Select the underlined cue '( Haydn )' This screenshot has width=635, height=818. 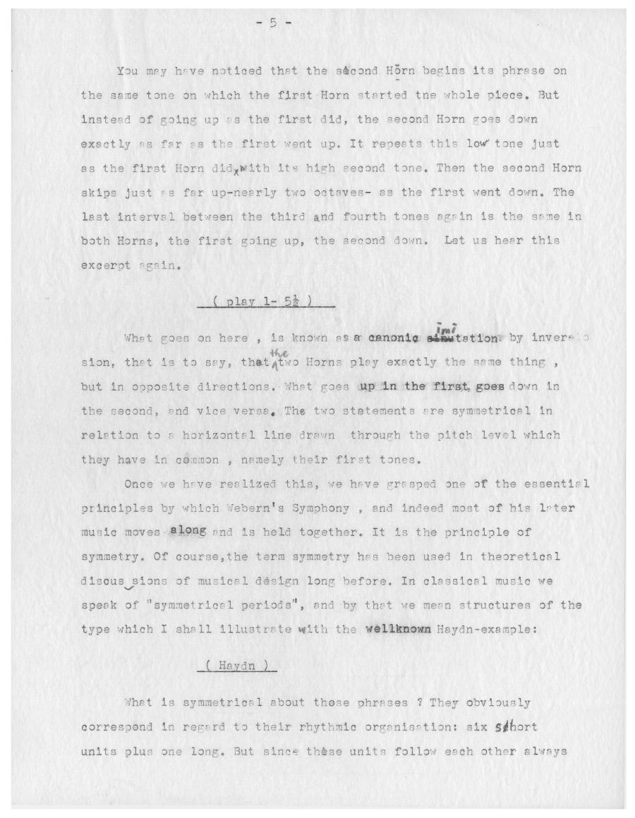click(237, 666)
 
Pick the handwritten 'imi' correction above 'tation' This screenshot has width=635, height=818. click(446, 329)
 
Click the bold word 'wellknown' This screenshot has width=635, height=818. click(399, 630)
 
